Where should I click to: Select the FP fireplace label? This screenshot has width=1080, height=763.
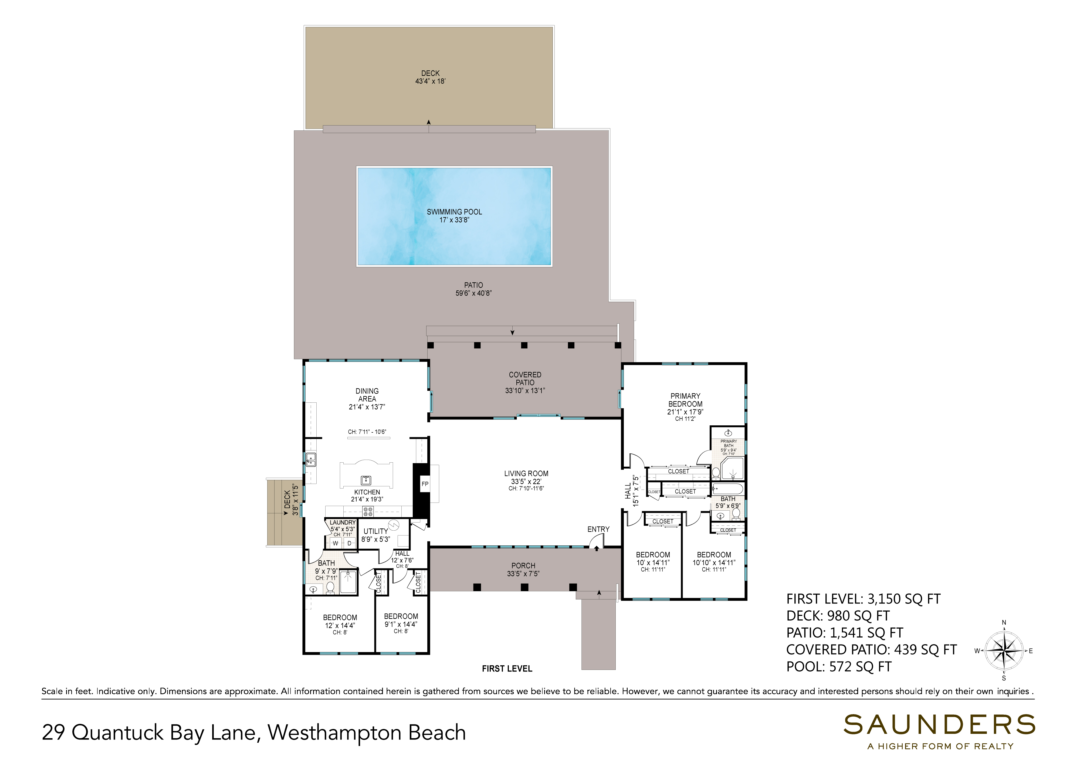tap(425, 484)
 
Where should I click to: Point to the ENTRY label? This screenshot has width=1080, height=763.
tap(598, 529)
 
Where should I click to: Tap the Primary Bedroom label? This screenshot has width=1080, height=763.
tap(685, 400)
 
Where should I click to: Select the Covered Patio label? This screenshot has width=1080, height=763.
tap(525, 379)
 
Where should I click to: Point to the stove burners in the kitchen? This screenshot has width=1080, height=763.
tap(368, 511)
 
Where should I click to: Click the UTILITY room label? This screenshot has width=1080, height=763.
tap(375, 531)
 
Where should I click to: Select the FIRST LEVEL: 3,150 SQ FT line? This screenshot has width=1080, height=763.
tap(863, 599)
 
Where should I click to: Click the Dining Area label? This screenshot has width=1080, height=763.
tap(367, 395)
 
